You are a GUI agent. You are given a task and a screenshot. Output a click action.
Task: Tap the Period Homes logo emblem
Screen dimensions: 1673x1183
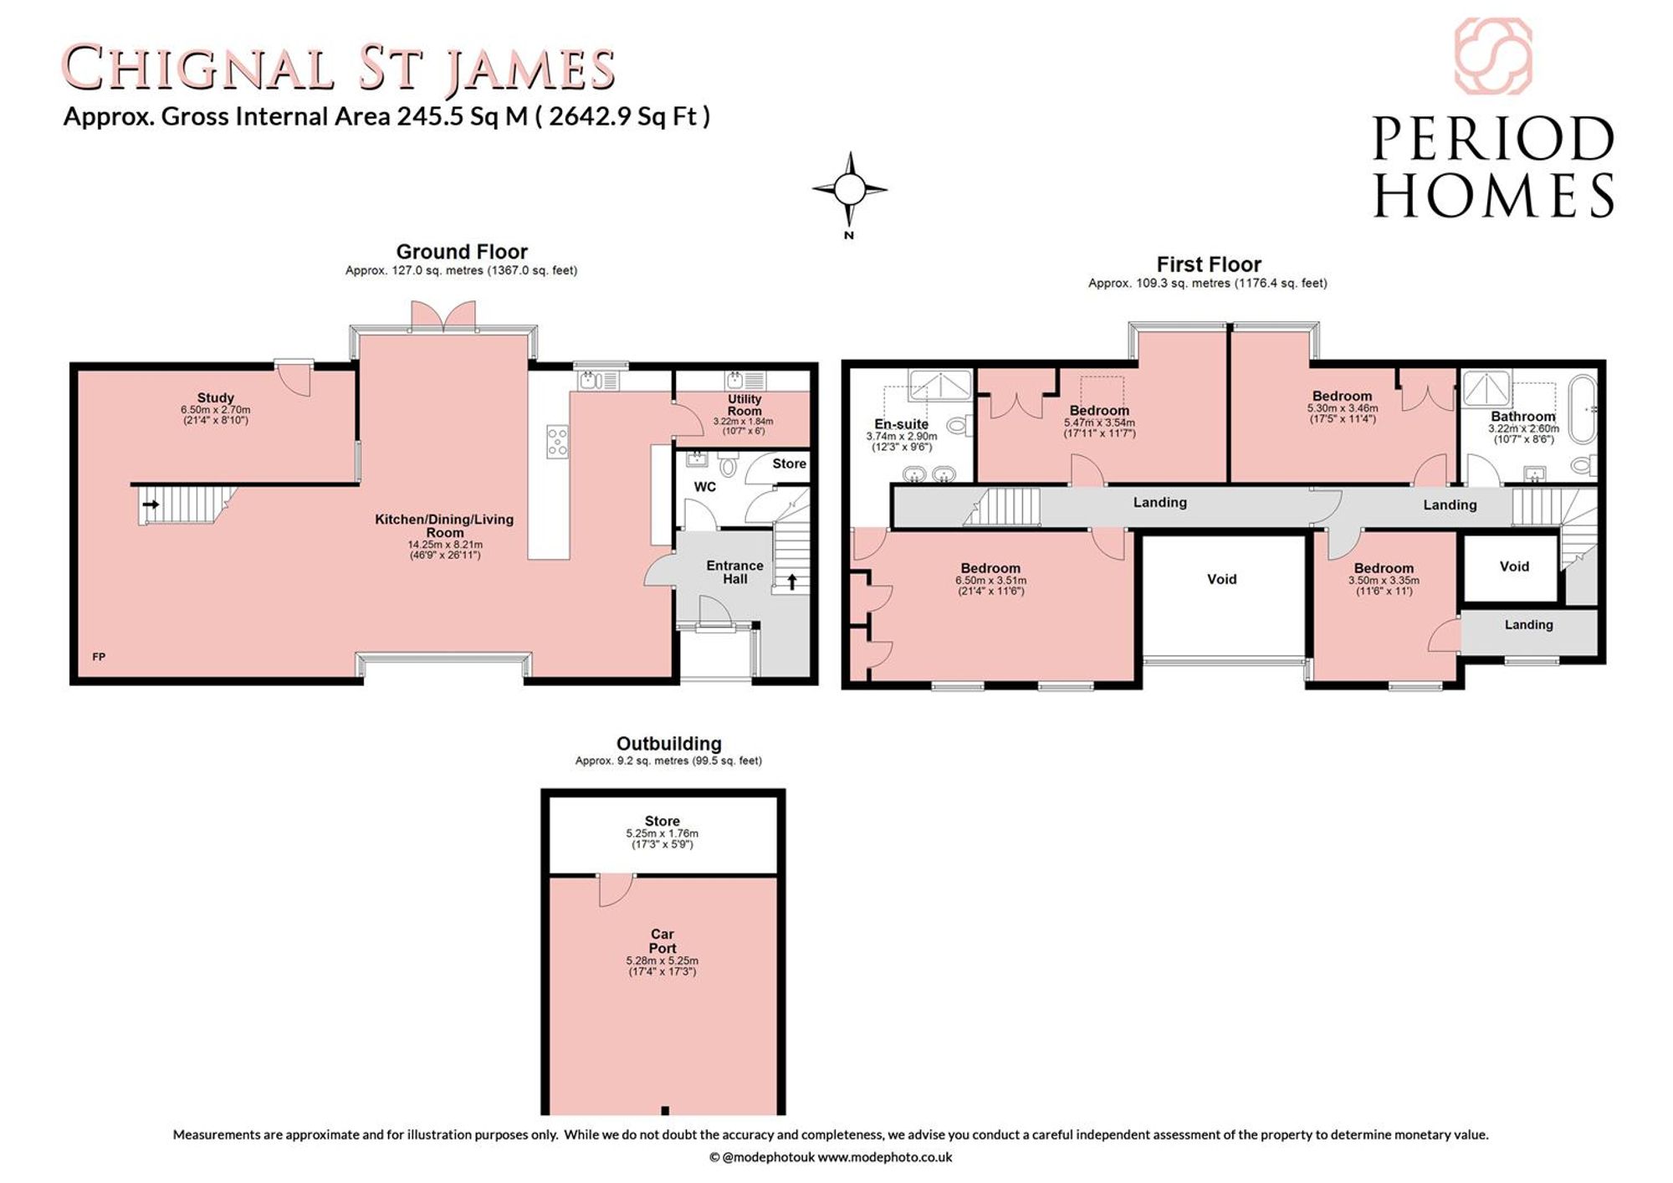[1493, 56]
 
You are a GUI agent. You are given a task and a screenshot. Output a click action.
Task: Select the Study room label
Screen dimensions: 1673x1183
[216, 397]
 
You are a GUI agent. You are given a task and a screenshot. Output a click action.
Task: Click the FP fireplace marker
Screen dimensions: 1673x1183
[99, 657]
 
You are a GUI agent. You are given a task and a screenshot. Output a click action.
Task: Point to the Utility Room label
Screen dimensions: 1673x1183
[744, 405]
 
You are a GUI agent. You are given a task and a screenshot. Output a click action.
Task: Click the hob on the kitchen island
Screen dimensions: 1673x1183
[557, 442]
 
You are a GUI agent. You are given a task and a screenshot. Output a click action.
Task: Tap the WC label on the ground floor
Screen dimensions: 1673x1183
[705, 486]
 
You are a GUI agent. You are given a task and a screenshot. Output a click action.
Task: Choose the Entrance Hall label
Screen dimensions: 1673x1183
[734, 571]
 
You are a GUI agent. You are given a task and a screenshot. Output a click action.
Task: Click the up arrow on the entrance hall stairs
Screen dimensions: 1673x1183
[791, 581]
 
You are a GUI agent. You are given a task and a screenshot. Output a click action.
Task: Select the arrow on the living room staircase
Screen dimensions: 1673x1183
[151, 504]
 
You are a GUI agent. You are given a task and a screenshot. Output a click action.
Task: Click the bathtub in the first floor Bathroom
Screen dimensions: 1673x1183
[1583, 409]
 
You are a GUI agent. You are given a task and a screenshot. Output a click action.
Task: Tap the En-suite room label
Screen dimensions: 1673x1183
[902, 424]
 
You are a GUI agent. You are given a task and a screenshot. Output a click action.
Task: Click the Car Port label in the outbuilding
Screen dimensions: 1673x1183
[663, 941]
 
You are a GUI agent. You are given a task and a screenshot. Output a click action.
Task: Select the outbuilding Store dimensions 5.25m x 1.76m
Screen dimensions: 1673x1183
[663, 833]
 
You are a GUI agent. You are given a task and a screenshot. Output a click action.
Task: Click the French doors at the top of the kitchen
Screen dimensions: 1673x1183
[443, 316]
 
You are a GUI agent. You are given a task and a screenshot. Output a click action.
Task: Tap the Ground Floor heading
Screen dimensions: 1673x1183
[462, 252]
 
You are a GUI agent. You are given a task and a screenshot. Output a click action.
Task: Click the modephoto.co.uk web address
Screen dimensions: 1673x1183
[885, 1157]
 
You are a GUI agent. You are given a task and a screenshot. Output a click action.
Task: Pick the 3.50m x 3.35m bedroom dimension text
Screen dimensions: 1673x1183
[1384, 581]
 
